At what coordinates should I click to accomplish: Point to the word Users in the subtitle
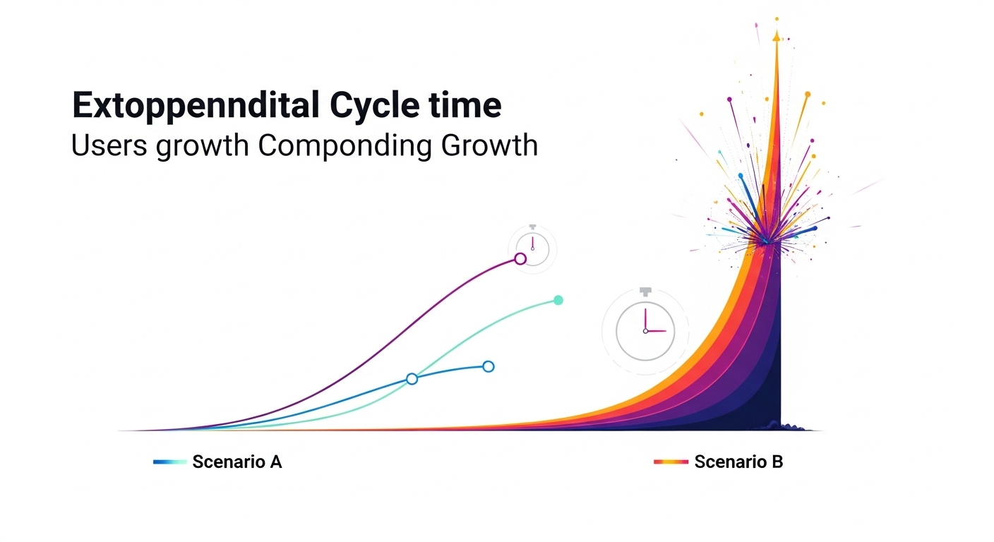pos(110,145)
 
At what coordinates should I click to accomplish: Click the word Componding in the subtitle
pos(346,147)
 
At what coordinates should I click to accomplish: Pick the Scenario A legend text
pos(237,462)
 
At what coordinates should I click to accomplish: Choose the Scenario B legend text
pos(738,462)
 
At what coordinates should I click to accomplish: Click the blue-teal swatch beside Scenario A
pos(170,462)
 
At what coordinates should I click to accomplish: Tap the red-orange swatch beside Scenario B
pos(671,462)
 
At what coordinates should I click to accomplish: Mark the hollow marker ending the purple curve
pos(520,259)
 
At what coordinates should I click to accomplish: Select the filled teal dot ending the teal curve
pos(558,300)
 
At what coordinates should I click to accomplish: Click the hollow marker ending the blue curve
pos(488,366)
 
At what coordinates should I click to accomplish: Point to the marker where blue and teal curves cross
pos(412,379)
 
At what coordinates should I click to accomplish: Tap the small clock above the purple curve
pos(532,248)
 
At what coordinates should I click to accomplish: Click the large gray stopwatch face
pos(645,331)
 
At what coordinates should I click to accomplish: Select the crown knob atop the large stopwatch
pos(645,291)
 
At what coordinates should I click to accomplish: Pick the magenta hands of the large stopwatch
pos(651,326)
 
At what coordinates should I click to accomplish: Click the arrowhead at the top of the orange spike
pos(777,35)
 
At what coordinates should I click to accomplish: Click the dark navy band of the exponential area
pos(770,381)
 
